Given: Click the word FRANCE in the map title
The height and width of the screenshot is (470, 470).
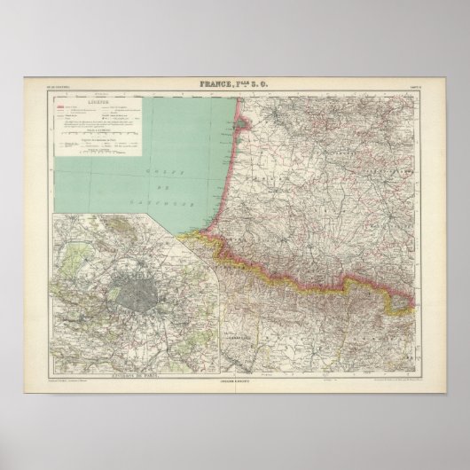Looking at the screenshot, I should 218,85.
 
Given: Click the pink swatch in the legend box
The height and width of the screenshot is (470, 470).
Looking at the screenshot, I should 62,111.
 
